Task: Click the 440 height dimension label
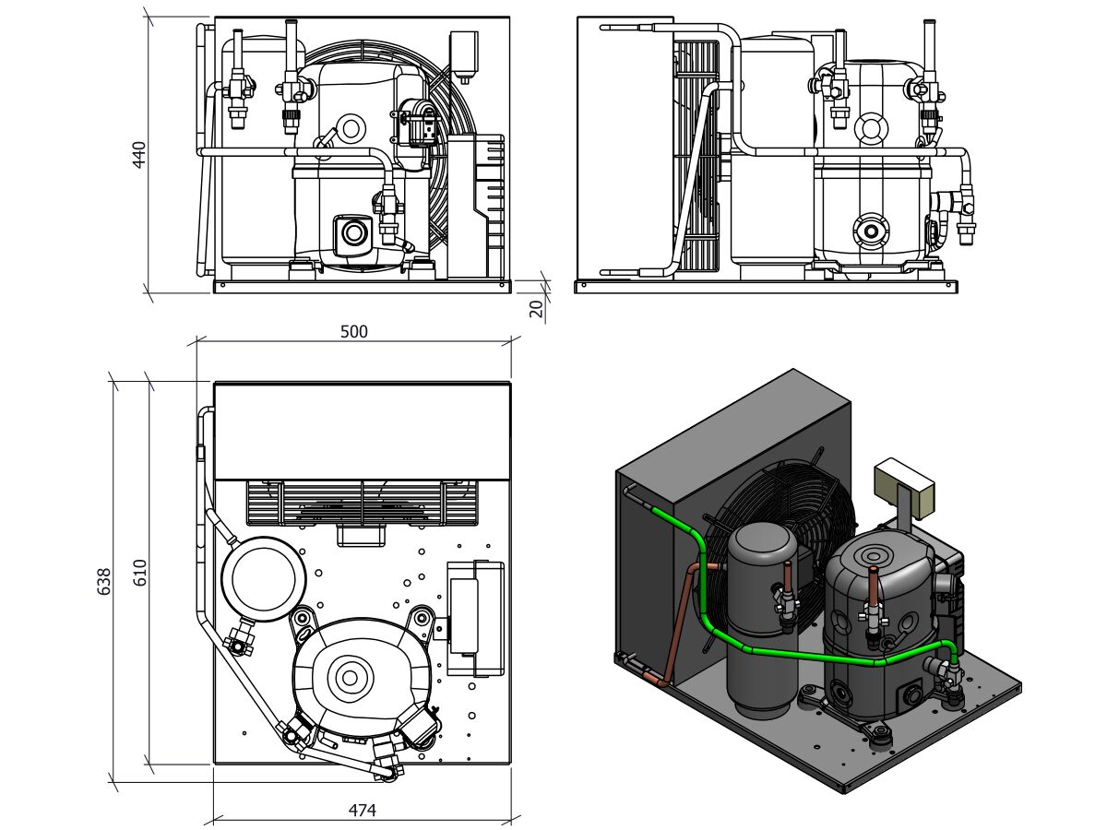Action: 139,154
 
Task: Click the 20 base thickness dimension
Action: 536,308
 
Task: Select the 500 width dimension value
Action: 353,332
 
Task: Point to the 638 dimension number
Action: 103,581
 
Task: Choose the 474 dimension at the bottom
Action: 362,811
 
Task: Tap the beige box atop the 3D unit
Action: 905,478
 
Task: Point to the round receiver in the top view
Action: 263,579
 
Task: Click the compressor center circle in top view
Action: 350,678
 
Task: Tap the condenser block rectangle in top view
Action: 362,430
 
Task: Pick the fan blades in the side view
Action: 698,157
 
